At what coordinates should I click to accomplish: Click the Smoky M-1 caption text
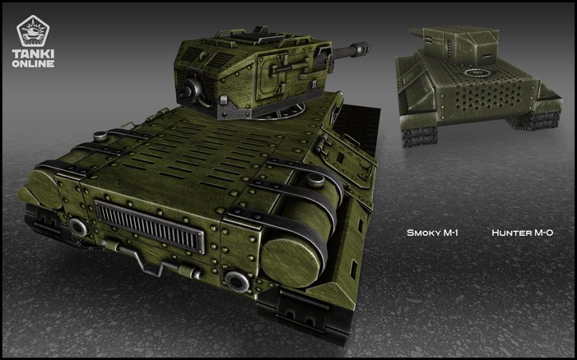point(432,233)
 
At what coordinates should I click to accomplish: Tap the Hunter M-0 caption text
point(522,233)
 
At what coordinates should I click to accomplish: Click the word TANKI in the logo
point(33,54)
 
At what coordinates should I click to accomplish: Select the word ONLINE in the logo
point(33,63)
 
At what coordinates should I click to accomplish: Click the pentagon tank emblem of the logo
point(33,31)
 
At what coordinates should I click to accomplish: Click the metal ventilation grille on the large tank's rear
point(150,227)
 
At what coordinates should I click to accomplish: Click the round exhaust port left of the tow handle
point(78,227)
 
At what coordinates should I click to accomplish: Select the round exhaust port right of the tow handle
point(237,281)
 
